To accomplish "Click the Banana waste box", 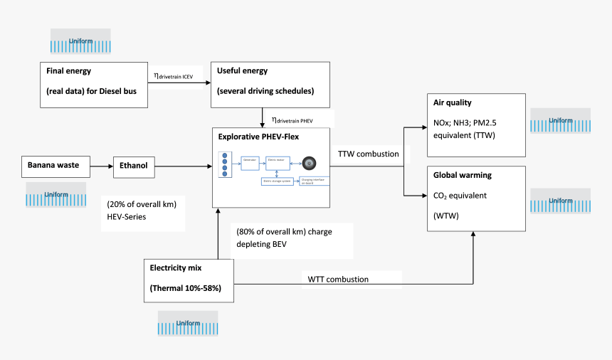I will pos(56,166).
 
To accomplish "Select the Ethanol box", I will pos(133,166).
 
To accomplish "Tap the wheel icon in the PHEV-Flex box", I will pos(309,162).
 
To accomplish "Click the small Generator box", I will pos(250,162).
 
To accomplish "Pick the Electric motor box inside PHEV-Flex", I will pos(278,162).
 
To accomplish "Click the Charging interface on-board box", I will pos(313,181).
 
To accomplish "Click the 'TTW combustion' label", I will pos(369,153).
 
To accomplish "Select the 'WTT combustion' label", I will pos(338,279).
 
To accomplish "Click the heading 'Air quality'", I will pos(453,102).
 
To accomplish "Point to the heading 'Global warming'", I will pos(463,175).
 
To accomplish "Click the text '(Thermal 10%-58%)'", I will pos(185,288).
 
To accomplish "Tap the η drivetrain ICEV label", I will pos(178,75).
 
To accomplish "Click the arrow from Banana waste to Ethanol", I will pos(102,167).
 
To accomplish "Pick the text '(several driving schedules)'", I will pos(265,91).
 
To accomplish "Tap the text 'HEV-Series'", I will pos(126,216).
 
